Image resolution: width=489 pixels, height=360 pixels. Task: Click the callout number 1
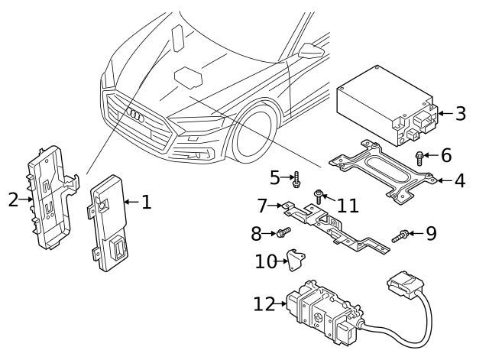pos(147,203)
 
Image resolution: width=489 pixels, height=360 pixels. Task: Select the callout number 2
pos(12,200)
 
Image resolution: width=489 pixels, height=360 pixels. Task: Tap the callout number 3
pos(460,115)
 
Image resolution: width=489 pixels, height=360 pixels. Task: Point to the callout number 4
pos(460,182)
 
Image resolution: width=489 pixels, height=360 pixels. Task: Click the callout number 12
pos(264,304)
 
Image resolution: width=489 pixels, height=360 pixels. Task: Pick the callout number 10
pos(265,261)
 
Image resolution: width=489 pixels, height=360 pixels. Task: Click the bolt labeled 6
pos(419,157)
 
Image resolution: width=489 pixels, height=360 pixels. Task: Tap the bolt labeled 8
pos(283,232)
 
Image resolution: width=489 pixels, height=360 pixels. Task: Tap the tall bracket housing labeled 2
pos(50,199)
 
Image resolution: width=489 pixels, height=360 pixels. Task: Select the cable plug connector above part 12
pos(403,285)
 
